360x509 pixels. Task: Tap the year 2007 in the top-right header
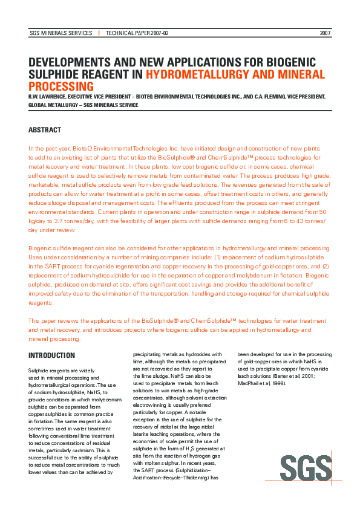tap(325, 33)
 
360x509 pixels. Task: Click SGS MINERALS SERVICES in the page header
tap(61, 33)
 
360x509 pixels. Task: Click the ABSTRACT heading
tap(45, 130)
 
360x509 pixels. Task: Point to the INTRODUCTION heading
tap(52, 355)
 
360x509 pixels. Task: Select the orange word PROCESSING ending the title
tap(61, 86)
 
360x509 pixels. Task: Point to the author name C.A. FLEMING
tap(271, 96)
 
